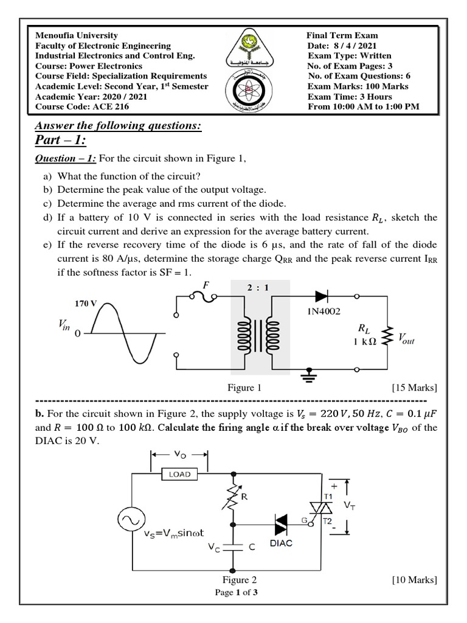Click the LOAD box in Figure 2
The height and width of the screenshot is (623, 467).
(x=179, y=474)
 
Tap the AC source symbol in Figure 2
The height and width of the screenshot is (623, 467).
(x=130, y=520)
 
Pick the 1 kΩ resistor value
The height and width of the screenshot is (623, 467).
(x=365, y=342)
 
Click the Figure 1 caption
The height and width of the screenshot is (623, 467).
(x=244, y=388)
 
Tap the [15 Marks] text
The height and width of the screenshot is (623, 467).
(x=415, y=388)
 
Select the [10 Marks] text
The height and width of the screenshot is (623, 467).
(x=415, y=580)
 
